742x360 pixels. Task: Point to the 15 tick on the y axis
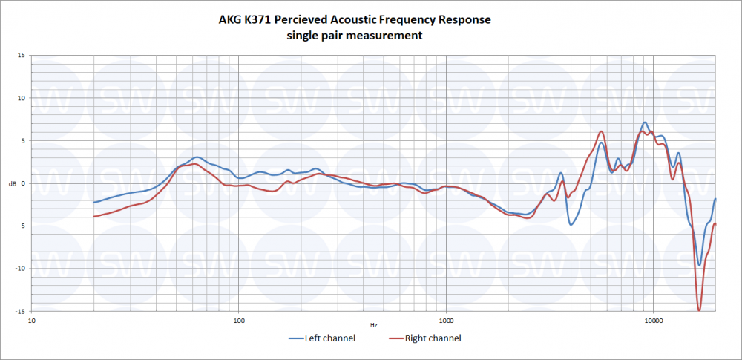(x=22, y=55)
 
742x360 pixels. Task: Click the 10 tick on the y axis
(x=22, y=98)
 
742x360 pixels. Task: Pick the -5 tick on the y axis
(x=22, y=226)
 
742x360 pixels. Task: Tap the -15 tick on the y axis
(x=20, y=311)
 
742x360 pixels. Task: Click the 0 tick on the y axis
(x=24, y=183)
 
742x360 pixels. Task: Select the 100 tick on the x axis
(x=238, y=321)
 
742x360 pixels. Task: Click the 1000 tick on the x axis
(x=445, y=321)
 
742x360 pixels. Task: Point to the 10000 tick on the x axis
(x=653, y=321)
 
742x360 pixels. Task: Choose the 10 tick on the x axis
(x=31, y=321)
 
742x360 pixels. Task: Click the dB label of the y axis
(x=10, y=183)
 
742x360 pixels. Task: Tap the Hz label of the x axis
(x=373, y=325)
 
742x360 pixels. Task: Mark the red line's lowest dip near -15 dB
(x=699, y=310)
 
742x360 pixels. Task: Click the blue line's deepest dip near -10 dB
(x=699, y=264)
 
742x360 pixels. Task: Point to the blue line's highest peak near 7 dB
(x=645, y=122)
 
